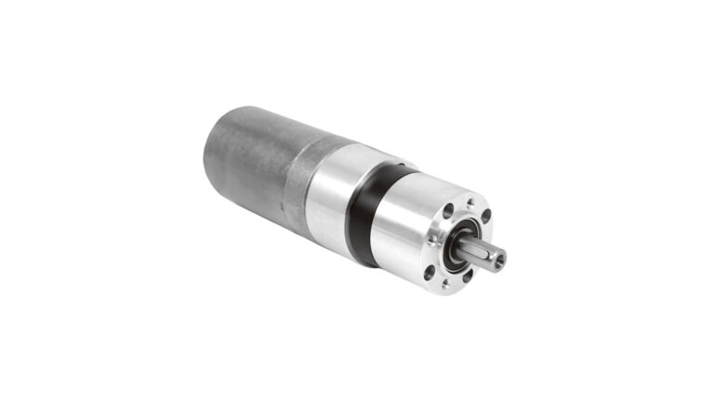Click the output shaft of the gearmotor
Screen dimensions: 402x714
tap(484, 253)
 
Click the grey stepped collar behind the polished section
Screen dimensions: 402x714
tap(297, 181)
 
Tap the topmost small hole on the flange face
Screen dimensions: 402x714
tap(470, 201)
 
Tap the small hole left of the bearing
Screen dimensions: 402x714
tap(434, 241)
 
